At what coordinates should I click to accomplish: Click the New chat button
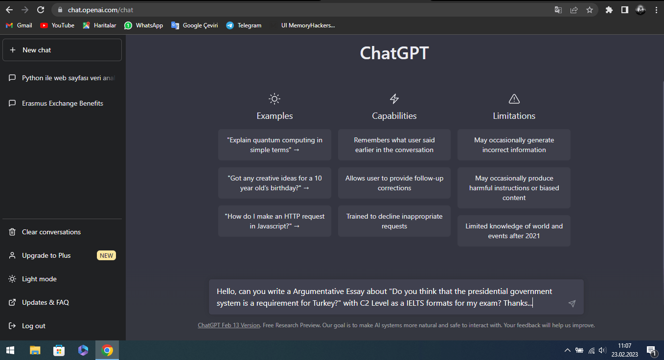coord(62,50)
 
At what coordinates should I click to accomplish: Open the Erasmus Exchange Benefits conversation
coord(62,103)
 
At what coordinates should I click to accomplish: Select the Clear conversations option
coord(51,232)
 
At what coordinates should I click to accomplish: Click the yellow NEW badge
coord(106,255)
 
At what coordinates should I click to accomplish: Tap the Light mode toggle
coord(39,279)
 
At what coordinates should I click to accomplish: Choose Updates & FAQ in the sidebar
coord(46,302)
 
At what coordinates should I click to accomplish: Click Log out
coord(33,326)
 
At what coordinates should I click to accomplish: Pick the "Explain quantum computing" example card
coord(275,145)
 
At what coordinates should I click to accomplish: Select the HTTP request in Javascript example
coord(275,221)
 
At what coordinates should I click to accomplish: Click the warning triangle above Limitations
coord(514,99)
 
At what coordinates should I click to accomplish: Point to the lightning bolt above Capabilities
coord(394,99)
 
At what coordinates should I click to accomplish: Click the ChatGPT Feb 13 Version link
coord(229,325)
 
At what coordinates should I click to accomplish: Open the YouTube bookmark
coord(57,25)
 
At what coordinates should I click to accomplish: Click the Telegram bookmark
coord(244,25)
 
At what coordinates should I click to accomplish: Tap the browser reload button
coord(41,10)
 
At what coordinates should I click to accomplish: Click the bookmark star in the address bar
coord(590,10)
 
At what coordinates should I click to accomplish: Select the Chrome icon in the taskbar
coord(107,350)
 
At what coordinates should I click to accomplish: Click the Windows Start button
coord(10,350)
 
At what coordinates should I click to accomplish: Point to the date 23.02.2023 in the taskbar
coord(624,354)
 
